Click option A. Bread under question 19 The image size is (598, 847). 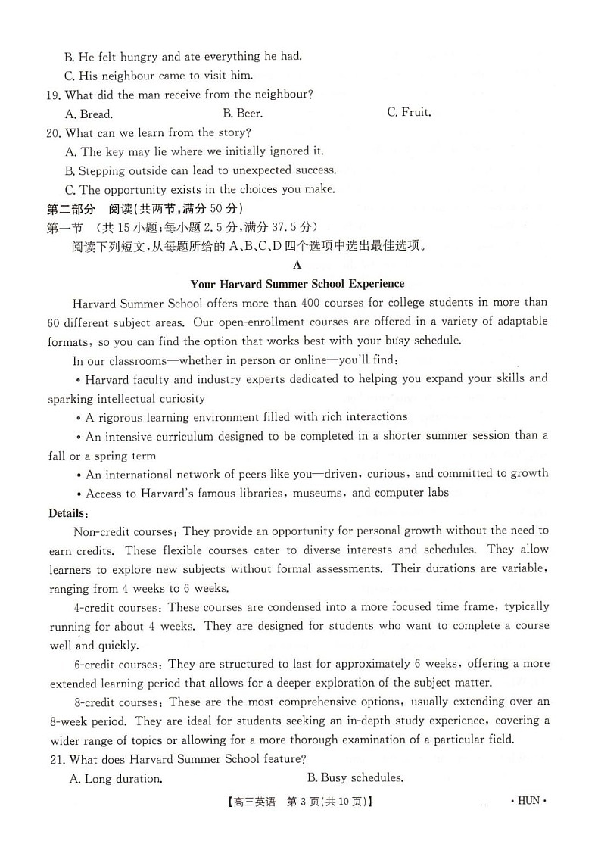click(89, 114)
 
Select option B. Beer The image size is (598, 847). click(242, 114)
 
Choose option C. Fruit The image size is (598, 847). click(409, 113)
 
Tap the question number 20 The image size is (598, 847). click(53, 133)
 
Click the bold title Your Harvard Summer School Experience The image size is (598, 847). click(297, 284)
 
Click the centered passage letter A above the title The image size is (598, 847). click(297, 265)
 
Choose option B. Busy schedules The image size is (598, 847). click(355, 777)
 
